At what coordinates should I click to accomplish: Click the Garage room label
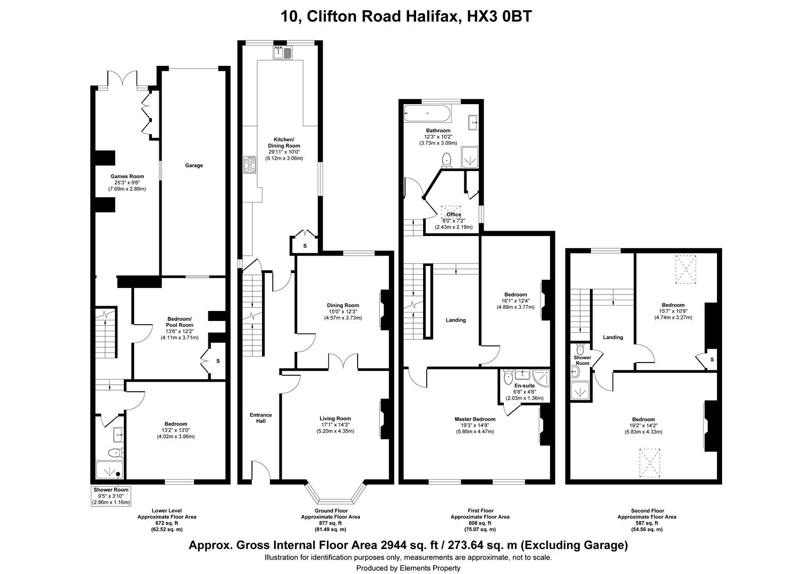pyautogui.click(x=194, y=165)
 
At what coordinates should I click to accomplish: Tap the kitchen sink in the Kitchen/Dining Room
pyautogui.click(x=282, y=53)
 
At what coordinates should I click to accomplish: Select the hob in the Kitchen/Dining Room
pyautogui.click(x=250, y=165)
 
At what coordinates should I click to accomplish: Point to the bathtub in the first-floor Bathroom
pyautogui.click(x=427, y=114)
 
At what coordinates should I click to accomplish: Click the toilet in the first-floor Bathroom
pyautogui.click(x=446, y=161)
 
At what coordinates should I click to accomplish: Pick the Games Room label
pyautogui.click(x=127, y=176)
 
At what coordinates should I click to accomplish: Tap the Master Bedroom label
pyautogui.click(x=475, y=419)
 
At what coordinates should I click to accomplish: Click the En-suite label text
pyautogui.click(x=525, y=386)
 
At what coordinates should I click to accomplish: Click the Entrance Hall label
pyautogui.click(x=260, y=418)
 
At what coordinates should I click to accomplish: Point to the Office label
pyautogui.click(x=454, y=214)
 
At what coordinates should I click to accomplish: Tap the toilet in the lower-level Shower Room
pyautogui.click(x=116, y=452)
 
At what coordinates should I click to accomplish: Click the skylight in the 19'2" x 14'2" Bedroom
pyautogui.click(x=650, y=463)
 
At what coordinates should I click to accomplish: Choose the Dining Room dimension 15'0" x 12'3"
pyautogui.click(x=343, y=311)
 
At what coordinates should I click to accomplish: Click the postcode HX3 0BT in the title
pyautogui.click(x=499, y=16)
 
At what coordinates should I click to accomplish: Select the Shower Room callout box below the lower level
pyautogui.click(x=111, y=496)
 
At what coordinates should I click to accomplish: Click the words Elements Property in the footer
pyautogui.click(x=430, y=568)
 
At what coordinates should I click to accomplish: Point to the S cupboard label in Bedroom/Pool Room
pyautogui.click(x=218, y=361)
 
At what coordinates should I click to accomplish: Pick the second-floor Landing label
pyautogui.click(x=613, y=337)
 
